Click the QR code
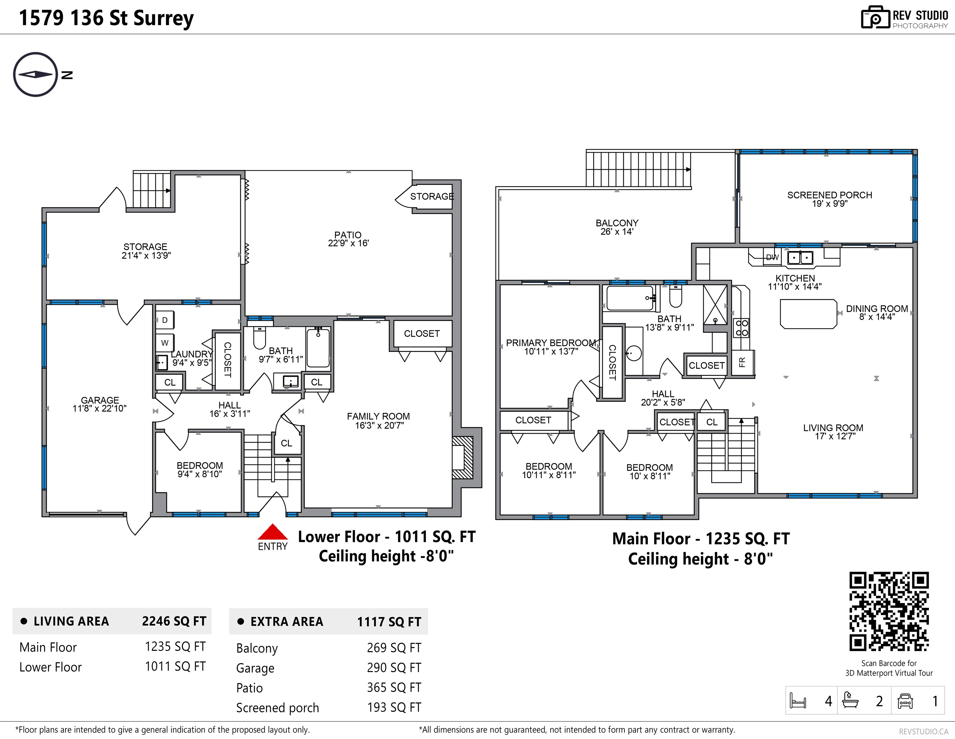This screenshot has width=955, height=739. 889,611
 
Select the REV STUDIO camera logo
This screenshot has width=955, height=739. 875,18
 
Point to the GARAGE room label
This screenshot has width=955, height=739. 100,404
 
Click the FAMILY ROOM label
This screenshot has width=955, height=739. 379,421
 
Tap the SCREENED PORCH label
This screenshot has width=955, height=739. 830,199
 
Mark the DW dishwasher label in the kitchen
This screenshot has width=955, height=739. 772,258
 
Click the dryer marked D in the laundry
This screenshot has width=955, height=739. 165,320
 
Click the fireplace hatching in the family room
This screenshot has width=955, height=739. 462,458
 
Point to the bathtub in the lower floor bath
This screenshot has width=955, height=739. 318,348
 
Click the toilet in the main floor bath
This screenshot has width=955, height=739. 675,296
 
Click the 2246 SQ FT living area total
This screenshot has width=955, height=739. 174,621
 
